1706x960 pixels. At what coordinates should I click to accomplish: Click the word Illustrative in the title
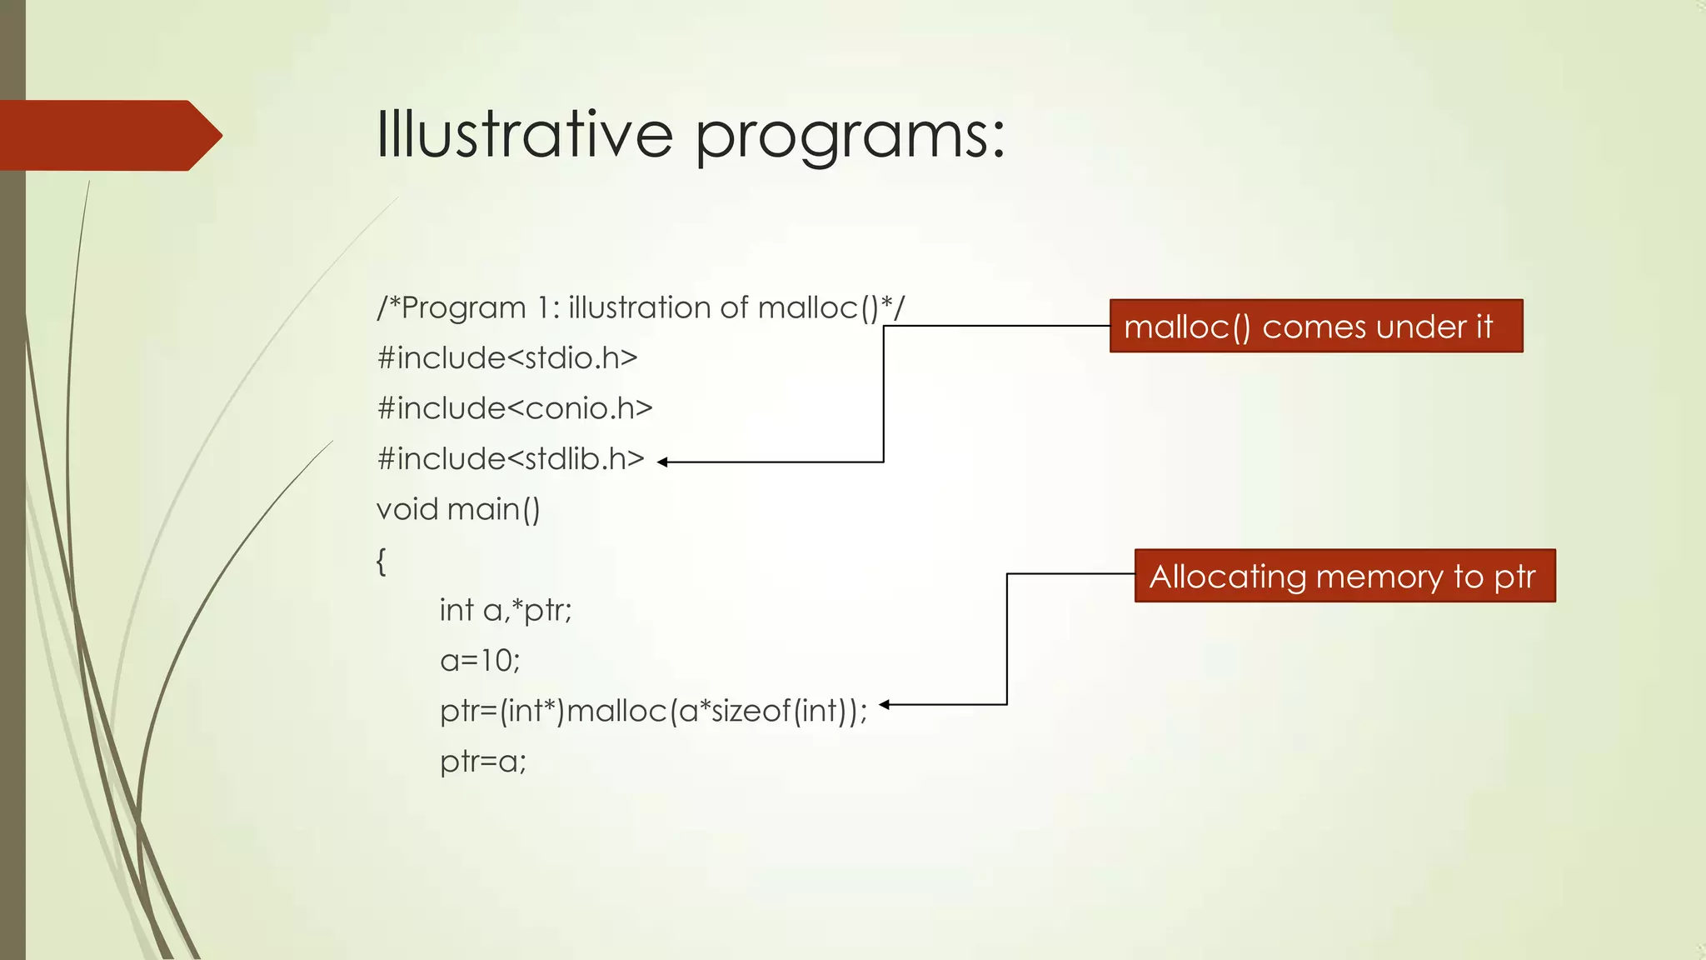[524, 134]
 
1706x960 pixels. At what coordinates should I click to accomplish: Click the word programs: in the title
[850, 137]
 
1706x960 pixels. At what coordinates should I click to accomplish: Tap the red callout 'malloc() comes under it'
[1316, 326]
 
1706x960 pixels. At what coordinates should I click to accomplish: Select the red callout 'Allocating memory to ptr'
[1344, 576]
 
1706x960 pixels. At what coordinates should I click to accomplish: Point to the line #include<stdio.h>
[506, 358]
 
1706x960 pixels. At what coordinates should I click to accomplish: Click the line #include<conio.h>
[514, 408]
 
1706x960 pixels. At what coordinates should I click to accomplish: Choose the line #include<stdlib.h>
[510, 459]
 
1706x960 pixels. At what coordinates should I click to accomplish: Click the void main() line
[458, 509]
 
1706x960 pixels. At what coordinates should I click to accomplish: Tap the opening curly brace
[382, 561]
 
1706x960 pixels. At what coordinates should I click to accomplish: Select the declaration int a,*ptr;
[506, 610]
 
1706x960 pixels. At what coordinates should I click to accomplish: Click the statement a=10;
[480, 661]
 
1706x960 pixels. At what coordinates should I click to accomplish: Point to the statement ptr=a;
[483, 762]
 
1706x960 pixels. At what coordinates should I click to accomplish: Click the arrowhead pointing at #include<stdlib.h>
[663, 462]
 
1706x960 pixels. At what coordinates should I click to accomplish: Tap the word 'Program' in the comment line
[463, 308]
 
